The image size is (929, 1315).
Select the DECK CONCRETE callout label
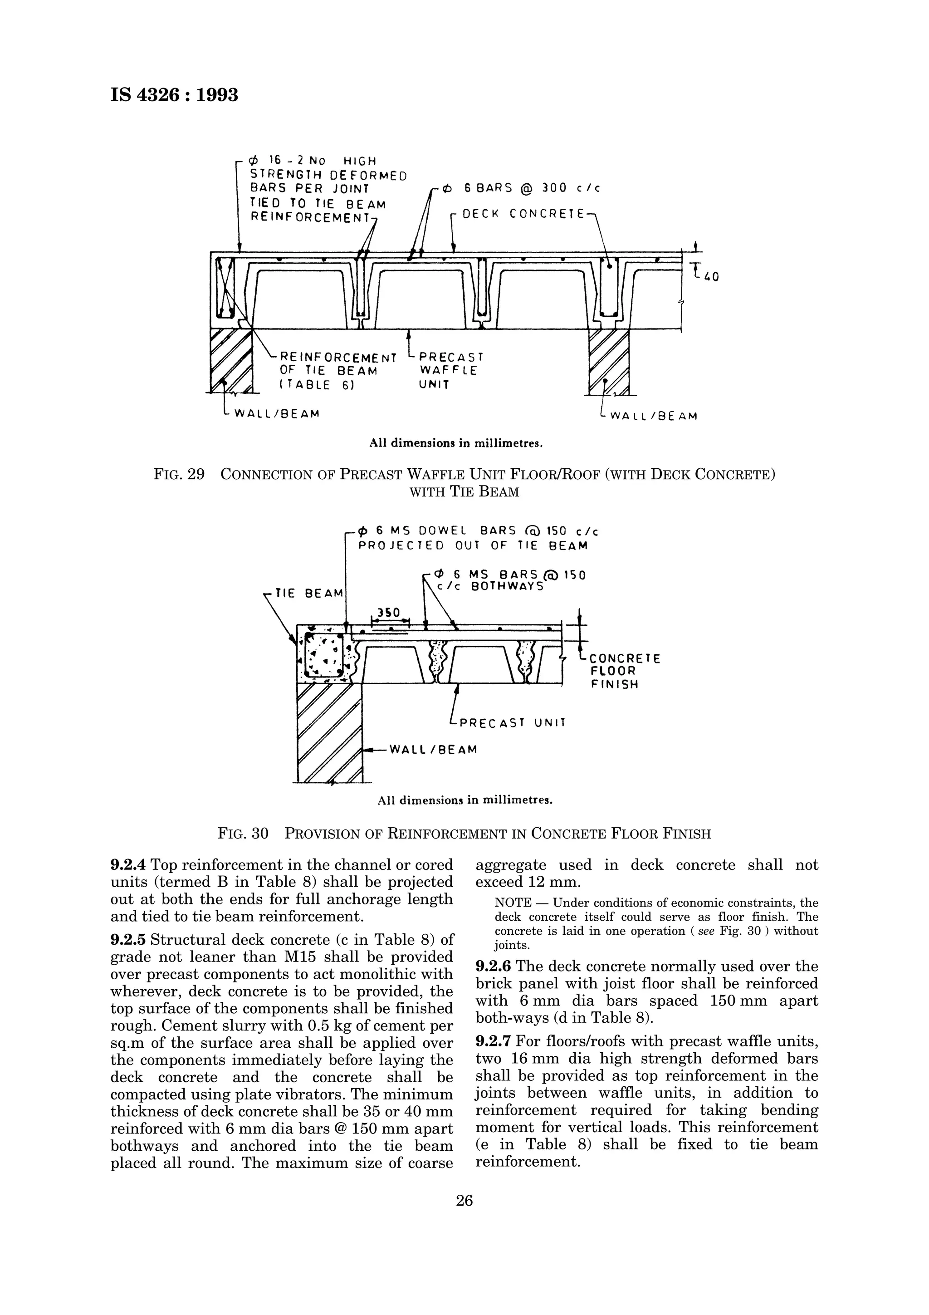coord(523,214)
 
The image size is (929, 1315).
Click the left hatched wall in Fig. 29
coord(231,361)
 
